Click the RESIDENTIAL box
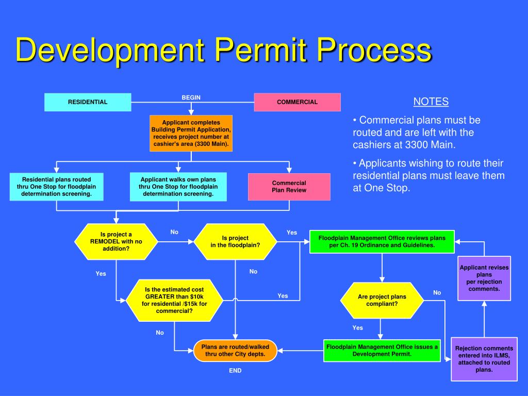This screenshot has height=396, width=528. [x=88, y=102]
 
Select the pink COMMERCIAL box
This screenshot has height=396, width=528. [x=297, y=102]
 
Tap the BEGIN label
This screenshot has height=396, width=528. [x=191, y=97]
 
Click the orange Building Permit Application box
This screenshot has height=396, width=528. [x=191, y=133]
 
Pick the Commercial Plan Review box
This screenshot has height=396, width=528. [x=289, y=187]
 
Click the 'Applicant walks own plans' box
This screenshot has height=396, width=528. [x=178, y=187]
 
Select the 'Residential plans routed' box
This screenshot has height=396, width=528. [x=56, y=187]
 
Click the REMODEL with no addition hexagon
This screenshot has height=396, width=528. [x=116, y=241]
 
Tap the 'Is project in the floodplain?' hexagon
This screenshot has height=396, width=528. [x=235, y=241]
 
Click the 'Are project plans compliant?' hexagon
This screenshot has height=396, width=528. [x=382, y=300]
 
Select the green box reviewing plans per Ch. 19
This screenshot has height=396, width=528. [x=382, y=242]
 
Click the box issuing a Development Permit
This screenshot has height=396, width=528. [x=382, y=350]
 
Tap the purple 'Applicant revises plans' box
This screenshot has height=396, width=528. [x=484, y=278]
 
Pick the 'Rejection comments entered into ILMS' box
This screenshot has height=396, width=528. [x=484, y=359]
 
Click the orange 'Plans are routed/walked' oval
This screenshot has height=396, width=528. [x=235, y=351]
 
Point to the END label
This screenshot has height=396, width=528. [x=235, y=371]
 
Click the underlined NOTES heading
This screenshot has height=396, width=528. [x=431, y=102]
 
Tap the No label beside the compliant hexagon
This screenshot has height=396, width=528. [x=437, y=292]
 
